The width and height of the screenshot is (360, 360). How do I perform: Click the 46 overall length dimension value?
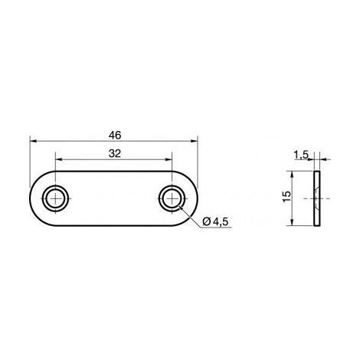(x=115, y=136)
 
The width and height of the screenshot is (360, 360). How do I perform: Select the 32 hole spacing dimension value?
(x=115, y=154)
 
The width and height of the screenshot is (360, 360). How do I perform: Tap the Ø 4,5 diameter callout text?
(x=215, y=222)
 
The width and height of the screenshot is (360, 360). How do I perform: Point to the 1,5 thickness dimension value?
(x=301, y=155)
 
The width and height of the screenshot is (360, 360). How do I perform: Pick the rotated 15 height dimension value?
(x=287, y=196)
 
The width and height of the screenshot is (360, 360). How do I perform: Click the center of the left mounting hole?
(x=56, y=198)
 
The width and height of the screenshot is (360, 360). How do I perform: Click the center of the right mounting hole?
(x=172, y=198)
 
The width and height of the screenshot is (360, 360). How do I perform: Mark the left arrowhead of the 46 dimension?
(x=34, y=141)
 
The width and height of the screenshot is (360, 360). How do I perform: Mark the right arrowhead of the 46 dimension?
(x=194, y=141)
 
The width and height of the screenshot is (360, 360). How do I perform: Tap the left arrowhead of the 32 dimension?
(x=59, y=159)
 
